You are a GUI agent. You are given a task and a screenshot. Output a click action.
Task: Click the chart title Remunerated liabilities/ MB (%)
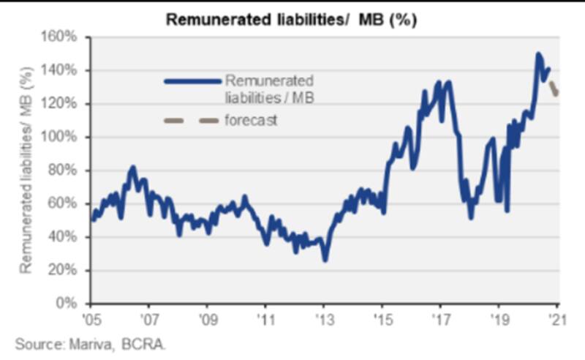[x=292, y=19]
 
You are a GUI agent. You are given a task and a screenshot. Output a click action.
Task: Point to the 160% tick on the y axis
[x=64, y=37]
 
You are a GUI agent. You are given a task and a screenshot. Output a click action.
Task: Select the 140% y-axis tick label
[x=64, y=70]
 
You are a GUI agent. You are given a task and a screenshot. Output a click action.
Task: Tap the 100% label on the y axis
[x=64, y=137]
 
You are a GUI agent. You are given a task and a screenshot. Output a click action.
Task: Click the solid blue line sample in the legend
[x=192, y=81]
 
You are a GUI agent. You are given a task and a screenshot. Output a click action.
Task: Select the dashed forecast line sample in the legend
[x=192, y=120]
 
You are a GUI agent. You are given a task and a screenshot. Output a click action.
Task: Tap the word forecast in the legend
[x=251, y=121]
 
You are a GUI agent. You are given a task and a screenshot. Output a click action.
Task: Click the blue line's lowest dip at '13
[x=325, y=260]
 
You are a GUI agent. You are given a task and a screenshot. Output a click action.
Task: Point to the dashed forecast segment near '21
[x=554, y=89]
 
